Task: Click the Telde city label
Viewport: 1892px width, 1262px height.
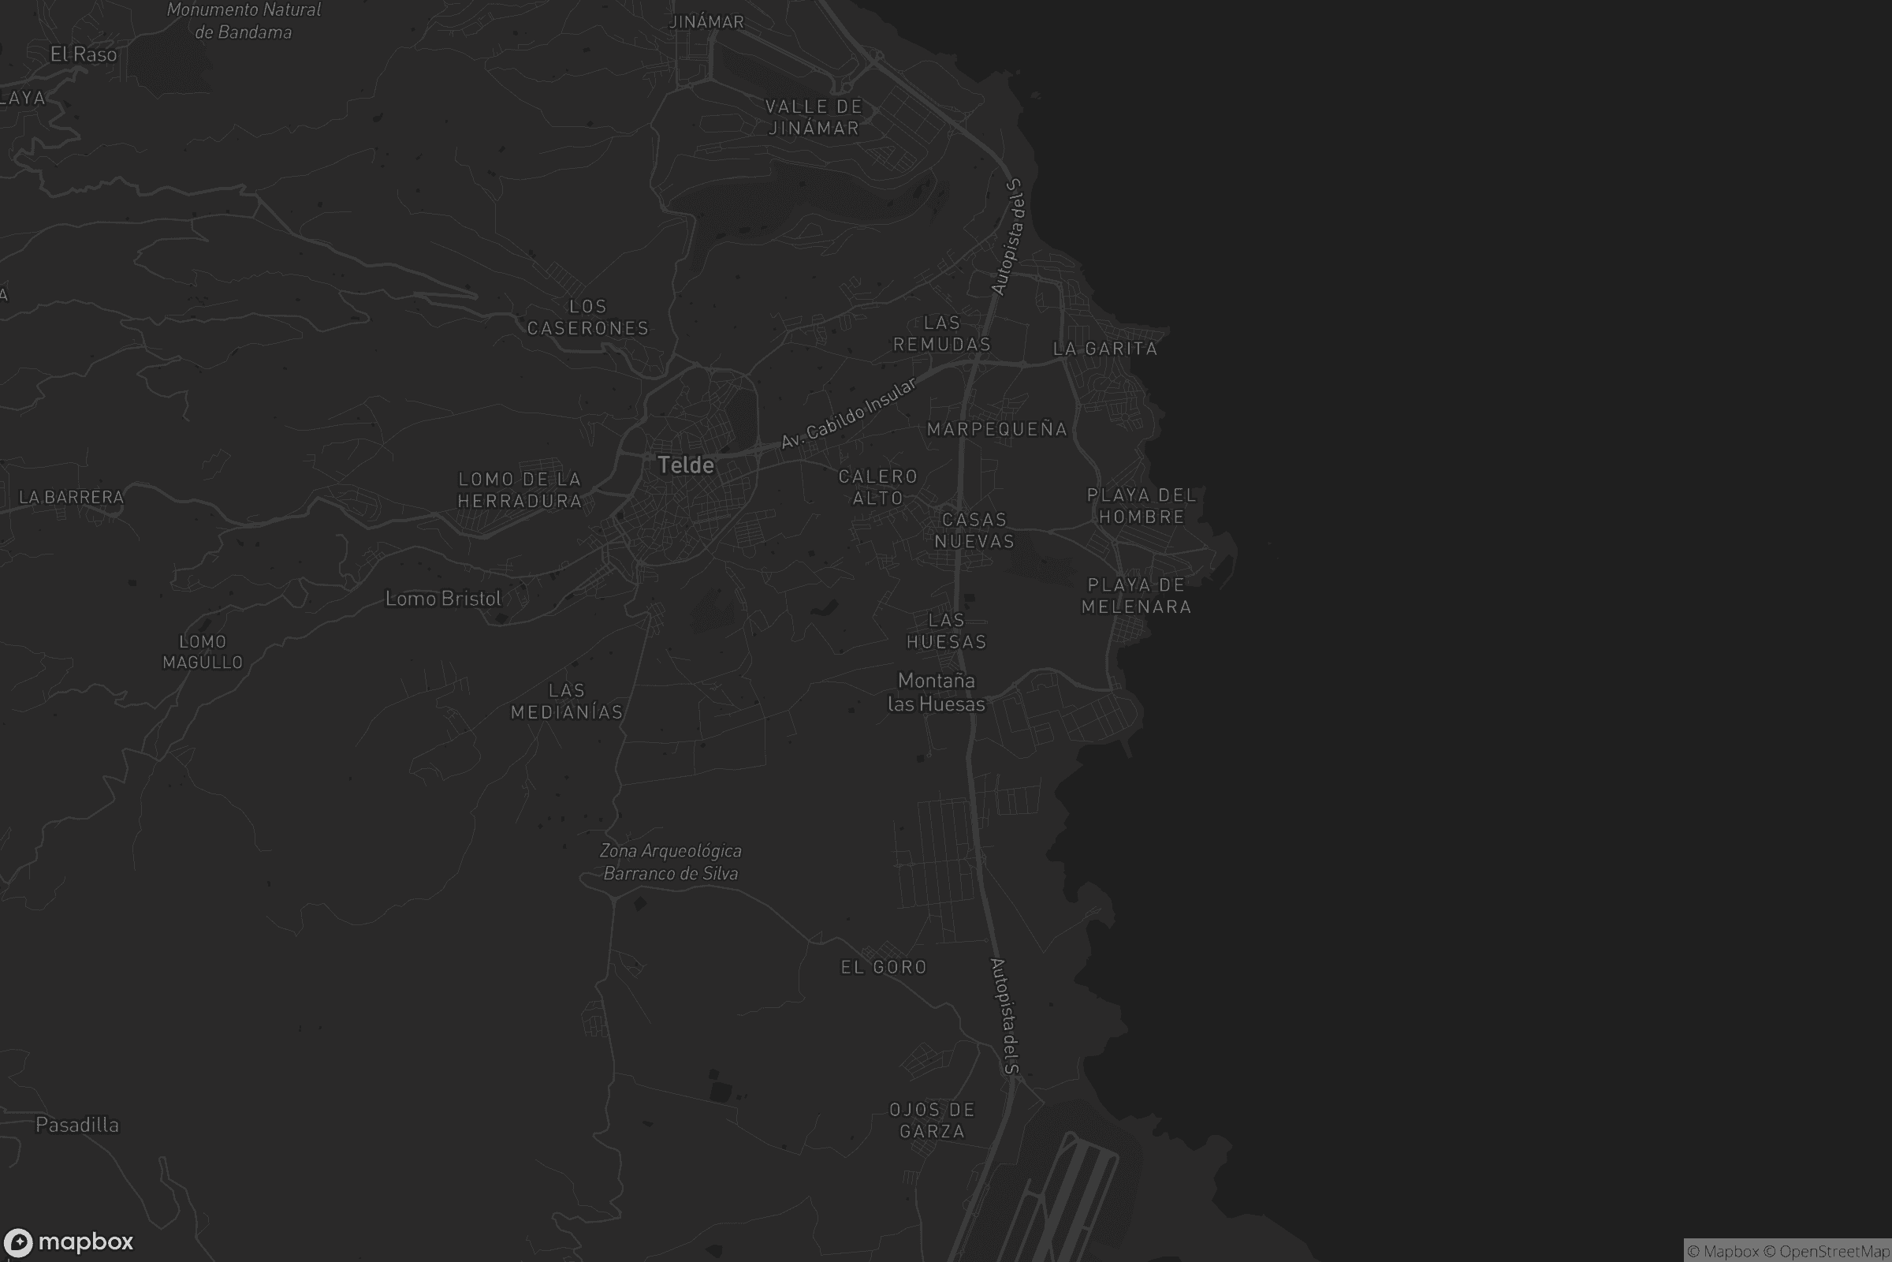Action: point(685,465)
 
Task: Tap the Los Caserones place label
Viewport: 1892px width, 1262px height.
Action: point(587,317)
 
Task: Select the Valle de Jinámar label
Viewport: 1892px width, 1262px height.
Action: point(814,118)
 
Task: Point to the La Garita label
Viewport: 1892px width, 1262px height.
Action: point(1105,349)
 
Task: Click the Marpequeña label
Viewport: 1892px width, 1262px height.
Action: point(996,429)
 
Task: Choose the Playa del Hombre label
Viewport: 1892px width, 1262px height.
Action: point(1142,506)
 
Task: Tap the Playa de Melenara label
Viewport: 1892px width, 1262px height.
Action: point(1136,596)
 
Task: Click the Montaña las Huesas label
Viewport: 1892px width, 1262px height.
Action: point(937,693)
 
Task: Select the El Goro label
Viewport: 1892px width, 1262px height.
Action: point(884,967)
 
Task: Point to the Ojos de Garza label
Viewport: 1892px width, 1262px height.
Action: point(932,1120)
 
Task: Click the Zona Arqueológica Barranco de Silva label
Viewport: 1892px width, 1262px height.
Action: point(671,862)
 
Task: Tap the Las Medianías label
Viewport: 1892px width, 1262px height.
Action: point(567,701)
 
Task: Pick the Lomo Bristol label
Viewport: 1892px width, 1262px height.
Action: point(443,598)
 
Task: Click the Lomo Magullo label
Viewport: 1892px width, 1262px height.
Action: point(203,652)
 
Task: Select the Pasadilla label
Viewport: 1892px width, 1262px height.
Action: point(77,1125)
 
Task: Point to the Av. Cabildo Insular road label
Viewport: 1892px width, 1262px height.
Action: point(849,413)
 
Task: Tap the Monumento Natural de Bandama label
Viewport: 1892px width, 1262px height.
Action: point(244,21)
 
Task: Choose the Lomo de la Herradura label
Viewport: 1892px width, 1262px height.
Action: point(520,489)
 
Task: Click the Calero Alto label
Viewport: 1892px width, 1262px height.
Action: point(877,487)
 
